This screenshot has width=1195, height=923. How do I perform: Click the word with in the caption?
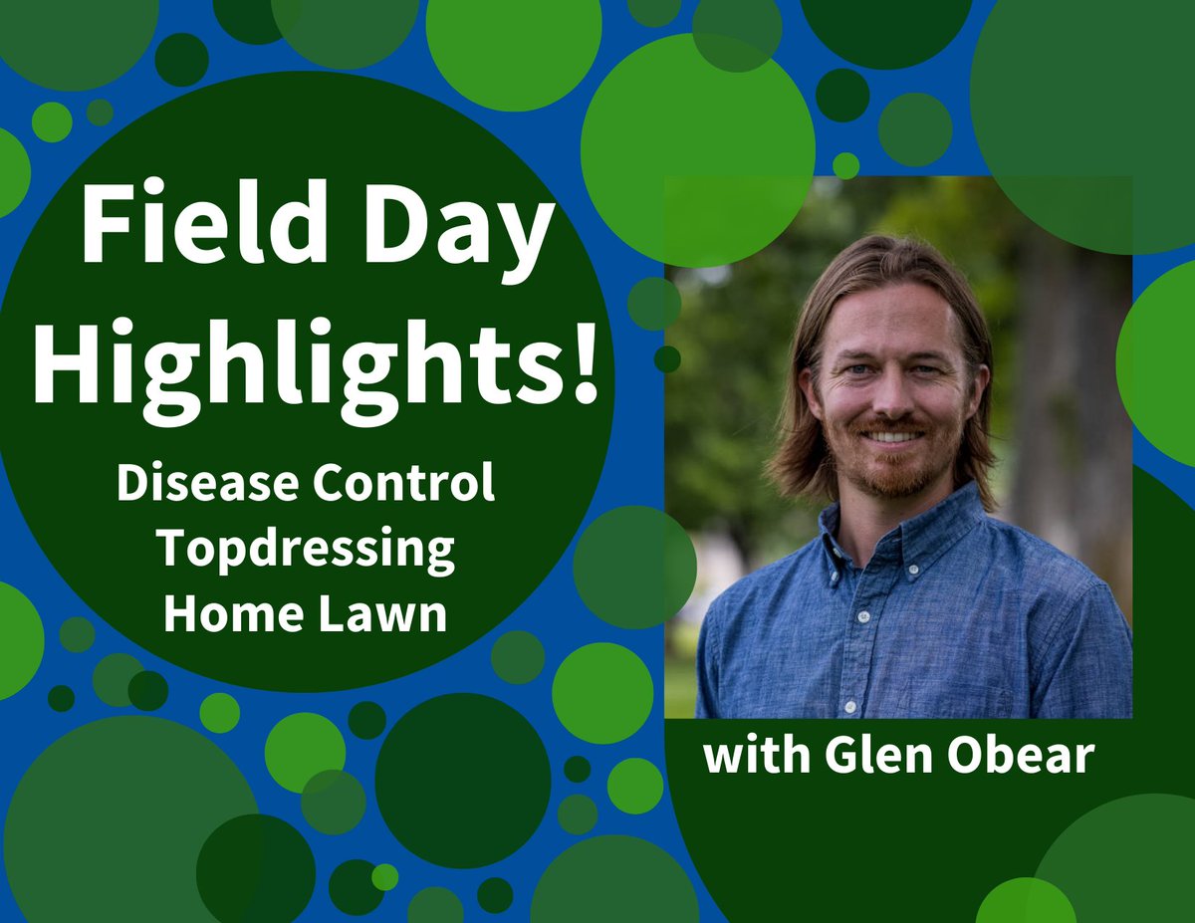[x=754, y=757]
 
